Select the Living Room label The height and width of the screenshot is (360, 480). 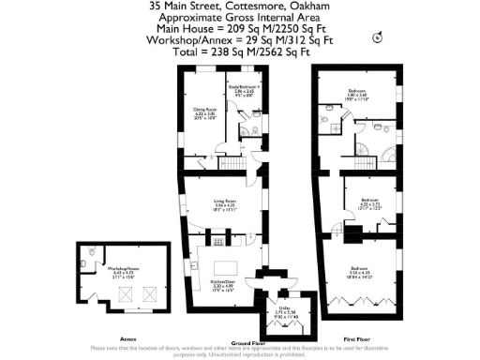221,207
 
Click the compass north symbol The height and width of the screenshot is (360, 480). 378,37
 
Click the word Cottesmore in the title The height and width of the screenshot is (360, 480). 246,5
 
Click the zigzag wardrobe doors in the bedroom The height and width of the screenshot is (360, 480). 360,304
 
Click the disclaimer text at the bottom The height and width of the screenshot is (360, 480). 240,351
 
